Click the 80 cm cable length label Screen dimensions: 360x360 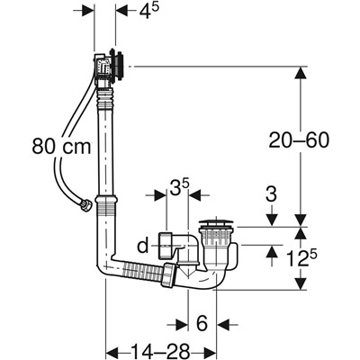(61, 147)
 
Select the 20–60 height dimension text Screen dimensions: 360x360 (299, 140)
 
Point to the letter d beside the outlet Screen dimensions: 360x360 (143, 247)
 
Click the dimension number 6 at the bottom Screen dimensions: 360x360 (202, 323)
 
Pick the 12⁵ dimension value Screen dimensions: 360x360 (301, 257)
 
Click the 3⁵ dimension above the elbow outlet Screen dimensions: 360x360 (180, 187)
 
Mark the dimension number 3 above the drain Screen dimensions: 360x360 (271, 195)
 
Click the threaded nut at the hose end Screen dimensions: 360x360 (86, 206)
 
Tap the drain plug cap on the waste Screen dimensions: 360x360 (217, 224)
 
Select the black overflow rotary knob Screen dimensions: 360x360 (118, 65)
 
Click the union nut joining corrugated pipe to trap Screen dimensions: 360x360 (168, 274)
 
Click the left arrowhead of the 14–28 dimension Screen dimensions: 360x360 (113, 351)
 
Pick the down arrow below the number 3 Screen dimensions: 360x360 (271, 220)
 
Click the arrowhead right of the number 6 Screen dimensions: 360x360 (223, 324)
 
